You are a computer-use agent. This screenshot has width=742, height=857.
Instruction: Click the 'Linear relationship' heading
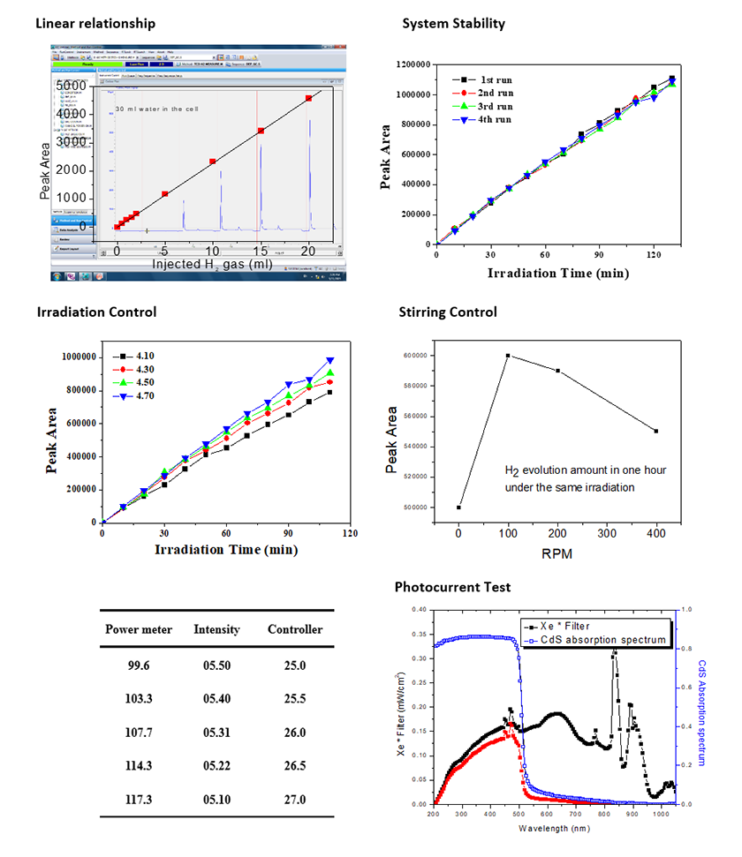tap(95, 23)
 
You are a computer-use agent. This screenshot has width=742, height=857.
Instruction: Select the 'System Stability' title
tap(454, 24)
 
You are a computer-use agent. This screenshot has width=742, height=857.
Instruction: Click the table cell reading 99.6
tap(135, 665)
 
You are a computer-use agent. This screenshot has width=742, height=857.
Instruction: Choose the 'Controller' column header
tap(295, 629)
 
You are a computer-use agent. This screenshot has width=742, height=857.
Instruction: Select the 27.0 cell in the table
tap(295, 800)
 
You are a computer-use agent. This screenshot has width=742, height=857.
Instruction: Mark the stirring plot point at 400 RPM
tap(656, 431)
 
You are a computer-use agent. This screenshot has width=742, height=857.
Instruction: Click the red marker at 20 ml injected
tap(308, 99)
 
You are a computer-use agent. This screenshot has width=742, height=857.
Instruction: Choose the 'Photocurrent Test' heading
tap(453, 587)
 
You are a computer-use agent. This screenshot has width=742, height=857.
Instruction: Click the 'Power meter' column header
tap(135, 629)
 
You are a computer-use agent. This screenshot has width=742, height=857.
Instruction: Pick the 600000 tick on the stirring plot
tap(420, 356)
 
